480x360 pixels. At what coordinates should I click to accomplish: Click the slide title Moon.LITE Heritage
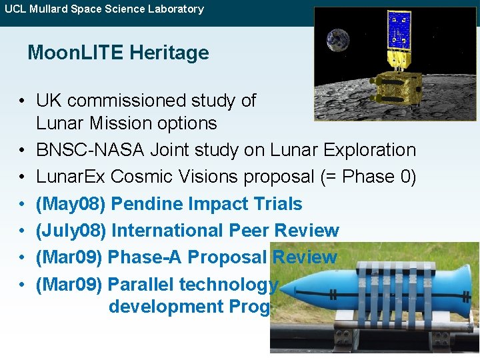[x=118, y=53]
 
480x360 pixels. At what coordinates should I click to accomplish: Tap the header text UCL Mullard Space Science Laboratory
[x=104, y=9]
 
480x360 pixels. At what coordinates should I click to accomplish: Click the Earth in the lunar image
[x=338, y=40]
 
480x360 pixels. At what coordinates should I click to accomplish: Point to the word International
[x=167, y=231]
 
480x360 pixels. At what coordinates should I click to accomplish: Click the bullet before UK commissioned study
[x=22, y=101]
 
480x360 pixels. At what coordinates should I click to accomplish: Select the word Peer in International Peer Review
[x=250, y=231]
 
